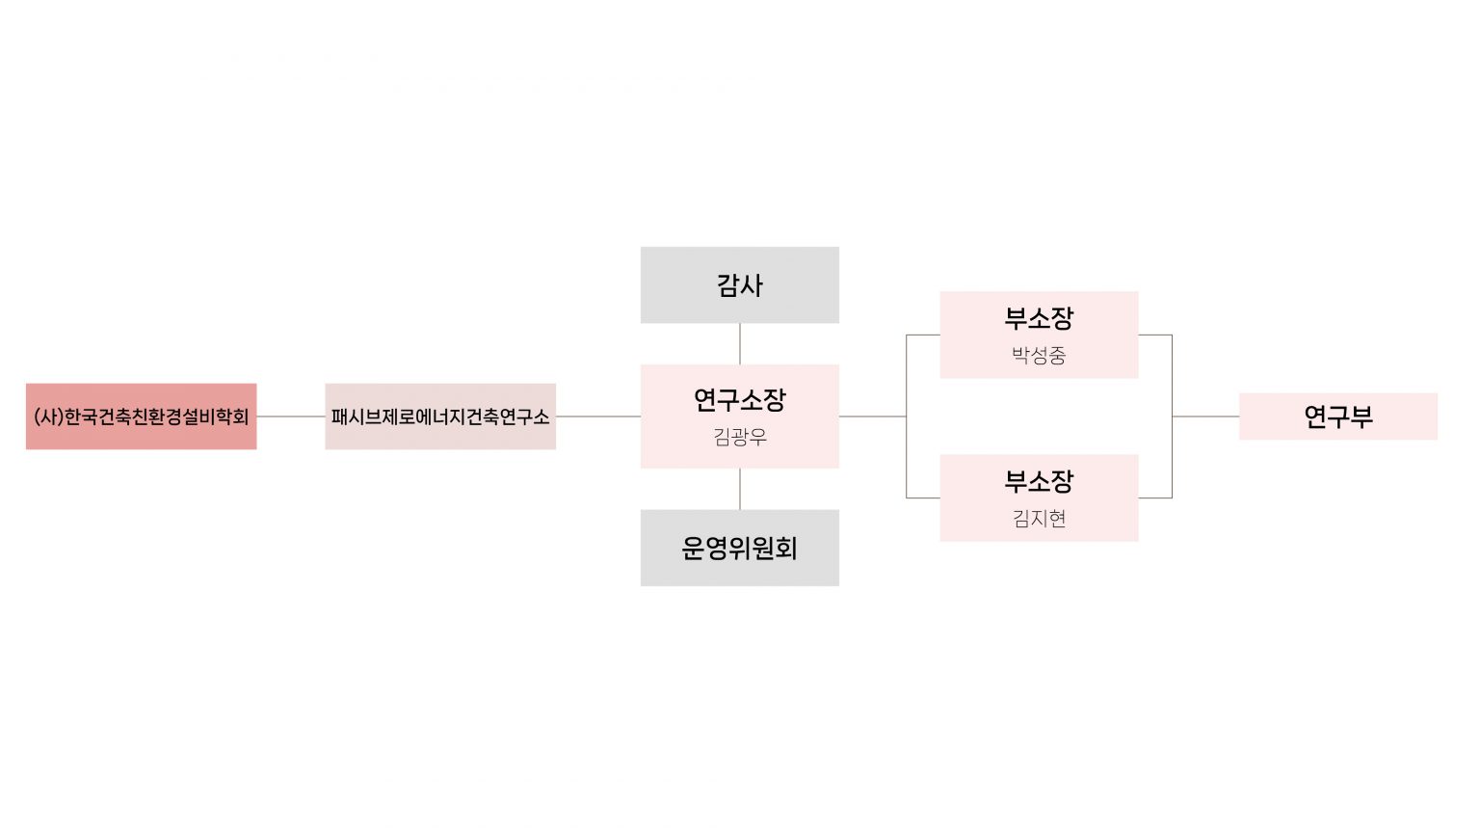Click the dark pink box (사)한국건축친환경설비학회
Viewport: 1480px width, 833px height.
tap(141, 416)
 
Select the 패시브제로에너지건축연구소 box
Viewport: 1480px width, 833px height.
tap(440, 416)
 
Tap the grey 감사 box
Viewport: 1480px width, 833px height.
tap(740, 284)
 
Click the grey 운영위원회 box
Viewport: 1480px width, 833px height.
tap(740, 548)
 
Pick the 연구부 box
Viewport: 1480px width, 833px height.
tap(1337, 416)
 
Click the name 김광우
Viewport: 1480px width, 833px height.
tap(740, 438)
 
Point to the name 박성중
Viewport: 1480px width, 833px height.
tap(1039, 356)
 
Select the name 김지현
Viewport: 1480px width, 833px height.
tap(1039, 519)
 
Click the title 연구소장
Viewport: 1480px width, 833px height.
tap(740, 399)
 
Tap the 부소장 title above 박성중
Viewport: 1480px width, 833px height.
tap(1039, 318)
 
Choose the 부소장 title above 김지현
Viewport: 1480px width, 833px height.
tap(1039, 481)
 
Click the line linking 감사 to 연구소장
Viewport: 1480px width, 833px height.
tap(740, 344)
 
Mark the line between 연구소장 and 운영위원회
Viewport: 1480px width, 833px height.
tap(740, 489)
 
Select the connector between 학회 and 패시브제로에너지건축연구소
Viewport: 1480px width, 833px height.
tap(291, 416)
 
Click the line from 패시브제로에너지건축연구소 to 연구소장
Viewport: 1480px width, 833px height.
tap(598, 416)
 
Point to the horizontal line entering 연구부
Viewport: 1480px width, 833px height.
tap(1205, 416)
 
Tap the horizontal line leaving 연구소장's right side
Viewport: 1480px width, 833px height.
tap(872, 416)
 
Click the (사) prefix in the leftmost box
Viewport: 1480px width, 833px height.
tap(48, 416)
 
